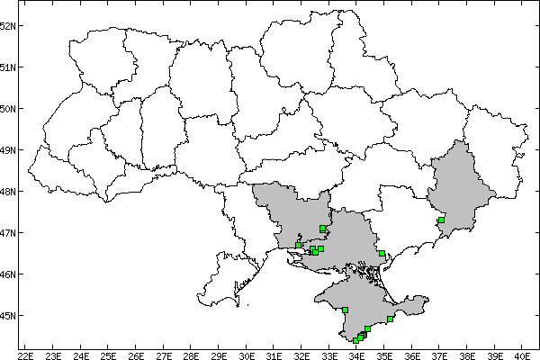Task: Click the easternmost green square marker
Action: pyautogui.click(x=441, y=220)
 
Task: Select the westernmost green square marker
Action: pyautogui.click(x=298, y=245)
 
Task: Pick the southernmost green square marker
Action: pyautogui.click(x=356, y=340)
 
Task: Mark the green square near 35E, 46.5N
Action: pyautogui.click(x=382, y=253)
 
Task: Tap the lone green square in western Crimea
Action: pyautogui.click(x=346, y=310)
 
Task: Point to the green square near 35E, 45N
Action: pyautogui.click(x=390, y=319)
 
